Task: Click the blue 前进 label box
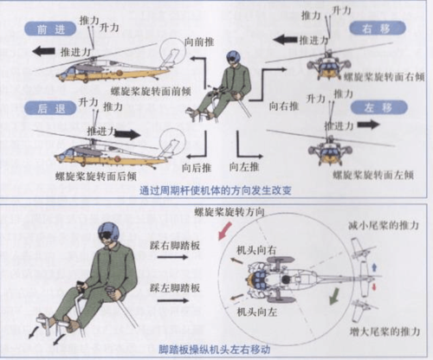click(x=43, y=29)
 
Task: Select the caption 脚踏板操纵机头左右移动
click(x=212, y=349)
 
